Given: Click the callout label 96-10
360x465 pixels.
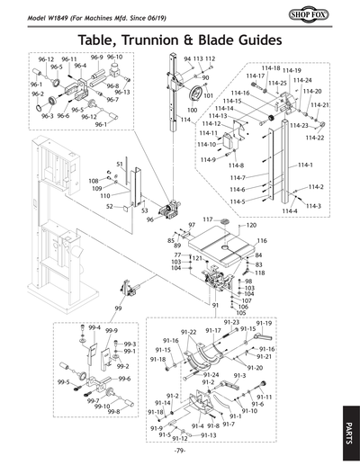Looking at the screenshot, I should [114, 57].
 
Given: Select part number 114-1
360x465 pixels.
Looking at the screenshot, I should [305, 165].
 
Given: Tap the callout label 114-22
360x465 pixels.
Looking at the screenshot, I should [314, 138].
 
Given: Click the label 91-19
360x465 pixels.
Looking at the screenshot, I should [264, 323].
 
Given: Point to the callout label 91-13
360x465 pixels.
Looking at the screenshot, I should [209, 435].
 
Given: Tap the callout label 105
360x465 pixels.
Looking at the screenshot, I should [240, 313].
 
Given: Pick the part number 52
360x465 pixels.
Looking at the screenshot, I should [109, 206].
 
